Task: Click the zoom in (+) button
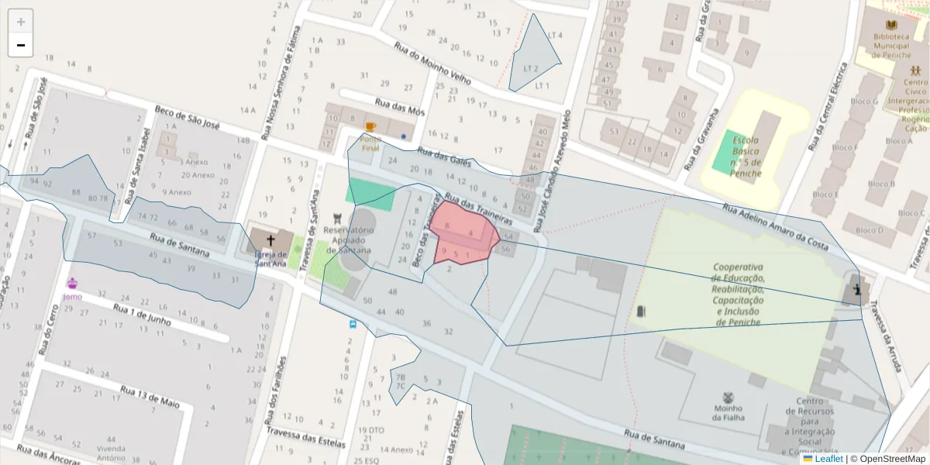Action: [x=21, y=22]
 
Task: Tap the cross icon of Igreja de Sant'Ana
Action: [x=270, y=240]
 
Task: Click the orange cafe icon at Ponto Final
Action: [x=370, y=126]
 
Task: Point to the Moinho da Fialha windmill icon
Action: [x=728, y=398]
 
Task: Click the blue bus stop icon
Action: [x=353, y=324]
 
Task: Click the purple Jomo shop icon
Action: [x=72, y=283]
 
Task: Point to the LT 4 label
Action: [x=555, y=36]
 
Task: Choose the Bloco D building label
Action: [x=870, y=230]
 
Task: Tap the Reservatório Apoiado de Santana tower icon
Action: [x=337, y=219]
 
